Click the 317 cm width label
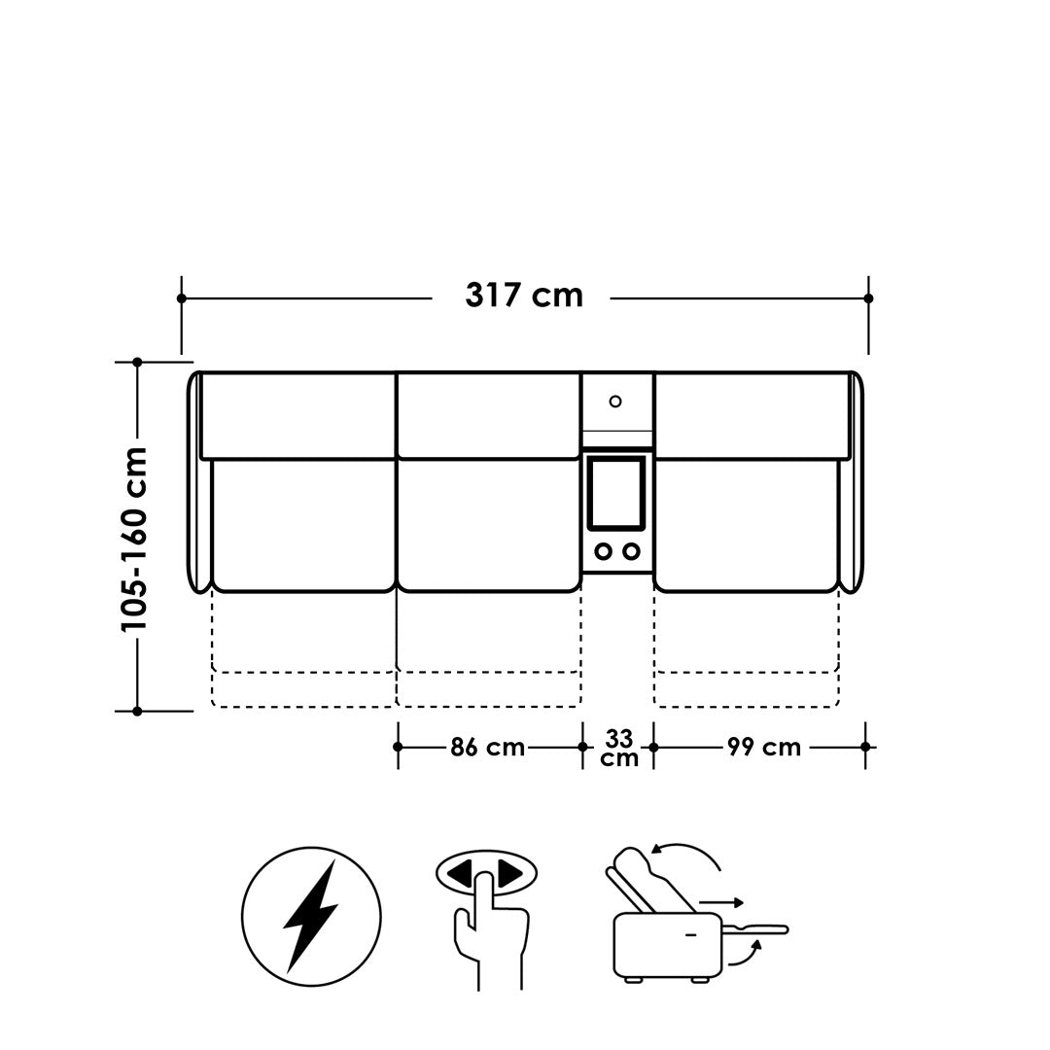524,296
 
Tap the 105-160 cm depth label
134,540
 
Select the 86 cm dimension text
487,748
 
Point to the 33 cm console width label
618,748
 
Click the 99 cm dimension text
764,748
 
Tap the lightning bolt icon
311,916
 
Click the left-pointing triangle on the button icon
460,874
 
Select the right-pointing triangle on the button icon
511,874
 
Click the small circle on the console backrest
615,402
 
